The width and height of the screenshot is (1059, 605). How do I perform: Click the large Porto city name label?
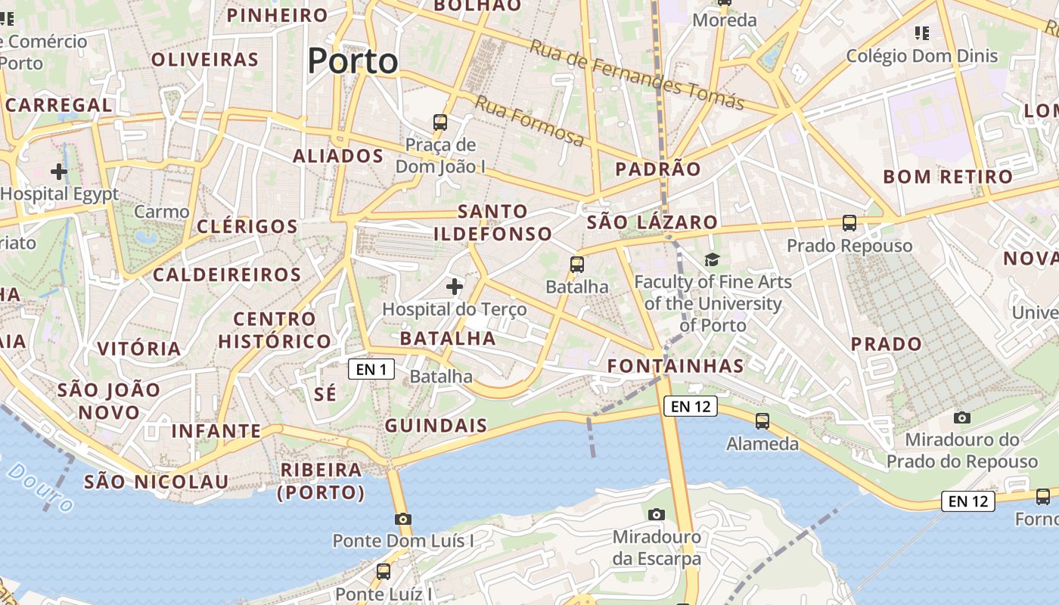click(352, 60)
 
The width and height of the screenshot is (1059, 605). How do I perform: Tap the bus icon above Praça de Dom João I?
click(439, 122)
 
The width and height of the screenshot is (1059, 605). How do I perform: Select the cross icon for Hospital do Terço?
click(454, 287)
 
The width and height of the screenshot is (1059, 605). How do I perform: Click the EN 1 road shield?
click(371, 369)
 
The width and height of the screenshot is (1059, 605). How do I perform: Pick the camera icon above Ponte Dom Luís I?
click(403, 519)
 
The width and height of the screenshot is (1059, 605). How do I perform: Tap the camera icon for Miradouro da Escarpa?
click(657, 514)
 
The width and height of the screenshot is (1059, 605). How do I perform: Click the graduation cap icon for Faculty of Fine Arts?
click(712, 260)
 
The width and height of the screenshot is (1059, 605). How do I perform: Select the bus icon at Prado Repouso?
click(849, 223)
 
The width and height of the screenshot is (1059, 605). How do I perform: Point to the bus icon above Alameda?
click(762, 421)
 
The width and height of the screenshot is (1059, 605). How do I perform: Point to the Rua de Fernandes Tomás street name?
click(636, 74)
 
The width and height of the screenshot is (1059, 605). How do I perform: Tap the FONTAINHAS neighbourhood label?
click(675, 366)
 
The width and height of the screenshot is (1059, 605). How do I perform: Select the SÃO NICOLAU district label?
click(156, 482)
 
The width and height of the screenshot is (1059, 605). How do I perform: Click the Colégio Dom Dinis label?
click(921, 56)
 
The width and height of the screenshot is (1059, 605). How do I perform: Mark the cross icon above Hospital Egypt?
click(59, 172)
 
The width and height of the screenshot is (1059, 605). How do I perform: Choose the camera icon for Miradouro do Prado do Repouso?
click(961, 417)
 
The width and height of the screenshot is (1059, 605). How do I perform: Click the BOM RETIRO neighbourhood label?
click(948, 177)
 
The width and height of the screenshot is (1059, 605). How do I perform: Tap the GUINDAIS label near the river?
click(436, 426)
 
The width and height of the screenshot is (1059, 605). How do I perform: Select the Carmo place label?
click(161, 212)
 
